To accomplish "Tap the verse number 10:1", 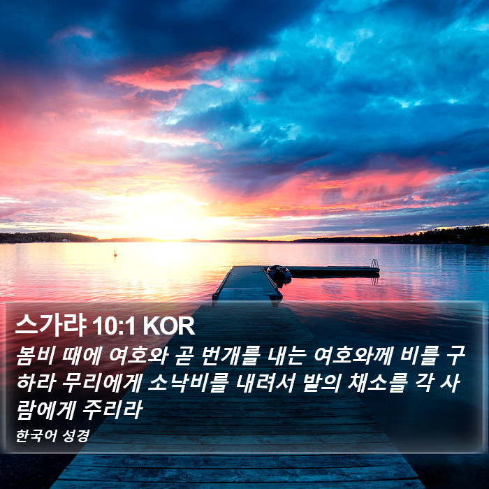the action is click(113, 326).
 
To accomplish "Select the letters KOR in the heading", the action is click(169, 326).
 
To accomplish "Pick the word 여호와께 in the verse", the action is click(353, 356).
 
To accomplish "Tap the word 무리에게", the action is click(101, 382).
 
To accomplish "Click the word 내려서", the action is click(265, 382).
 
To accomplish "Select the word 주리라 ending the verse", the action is click(112, 409).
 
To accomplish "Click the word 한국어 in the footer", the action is click(36, 436).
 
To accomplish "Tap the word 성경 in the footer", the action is click(75, 436).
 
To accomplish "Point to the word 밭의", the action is click(321, 382).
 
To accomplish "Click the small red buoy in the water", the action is click(115, 254).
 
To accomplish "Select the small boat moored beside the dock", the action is click(279, 275).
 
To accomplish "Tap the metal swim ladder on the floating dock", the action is click(375, 264).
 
